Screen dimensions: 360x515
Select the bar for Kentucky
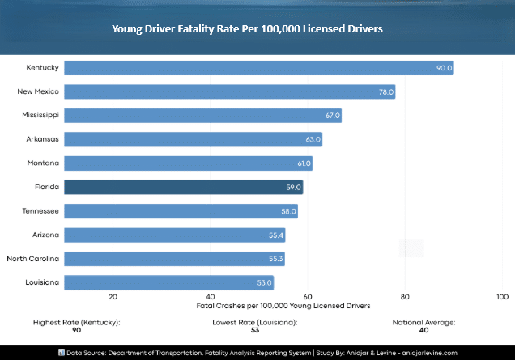[258, 68]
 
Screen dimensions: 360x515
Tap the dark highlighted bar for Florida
[183, 187]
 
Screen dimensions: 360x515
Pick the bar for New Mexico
[229, 91]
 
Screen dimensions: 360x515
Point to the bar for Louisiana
[168, 282]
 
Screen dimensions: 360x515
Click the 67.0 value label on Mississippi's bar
[332, 116]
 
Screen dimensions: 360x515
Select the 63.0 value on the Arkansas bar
[313, 139]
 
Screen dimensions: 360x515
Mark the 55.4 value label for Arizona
[276, 235]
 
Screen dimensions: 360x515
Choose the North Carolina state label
[32, 259]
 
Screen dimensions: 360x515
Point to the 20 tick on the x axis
[113, 296]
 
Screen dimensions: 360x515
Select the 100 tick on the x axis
[502, 296]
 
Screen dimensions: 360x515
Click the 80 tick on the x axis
[405, 296]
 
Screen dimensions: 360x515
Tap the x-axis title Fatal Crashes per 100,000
[283, 306]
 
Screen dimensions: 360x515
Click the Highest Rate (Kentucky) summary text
[76, 322]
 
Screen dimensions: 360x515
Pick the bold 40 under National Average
[423, 330]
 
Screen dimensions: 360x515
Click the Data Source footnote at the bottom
[257, 353]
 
